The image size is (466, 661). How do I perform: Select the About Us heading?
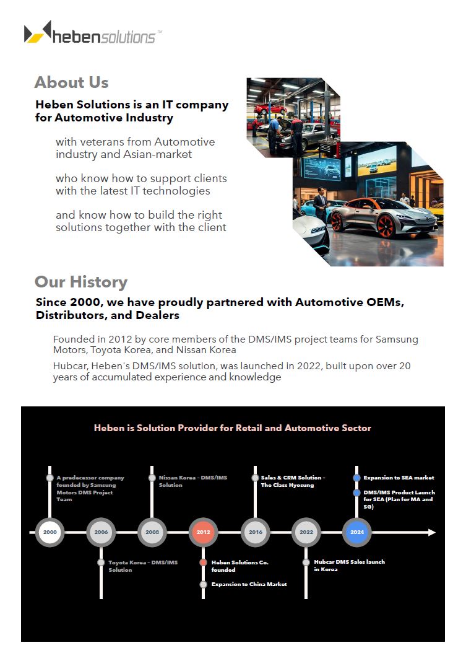click(x=71, y=82)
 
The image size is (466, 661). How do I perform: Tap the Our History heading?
click(x=80, y=282)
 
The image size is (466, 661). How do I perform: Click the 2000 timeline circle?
click(x=50, y=532)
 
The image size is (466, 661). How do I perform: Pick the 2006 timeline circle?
click(x=101, y=532)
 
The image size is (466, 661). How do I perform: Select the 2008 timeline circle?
click(x=152, y=532)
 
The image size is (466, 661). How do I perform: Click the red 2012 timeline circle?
click(x=203, y=532)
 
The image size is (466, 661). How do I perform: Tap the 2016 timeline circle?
click(x=255, y=532)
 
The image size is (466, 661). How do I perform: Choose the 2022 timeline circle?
click(x=306, y=532)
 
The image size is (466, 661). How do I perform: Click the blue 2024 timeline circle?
click(x=357, y=532)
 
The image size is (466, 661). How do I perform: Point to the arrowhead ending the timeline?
click(x=432, y=532)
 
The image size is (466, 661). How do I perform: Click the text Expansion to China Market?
click(x=249, y=584)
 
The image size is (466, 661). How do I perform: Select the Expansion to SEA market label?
click(x=399, y=478)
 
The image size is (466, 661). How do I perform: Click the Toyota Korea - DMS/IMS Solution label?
click(x=143, y=566)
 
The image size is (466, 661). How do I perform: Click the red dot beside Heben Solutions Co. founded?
click(x=203, y=563)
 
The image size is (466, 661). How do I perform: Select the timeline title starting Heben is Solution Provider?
click(x=233, y=428)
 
